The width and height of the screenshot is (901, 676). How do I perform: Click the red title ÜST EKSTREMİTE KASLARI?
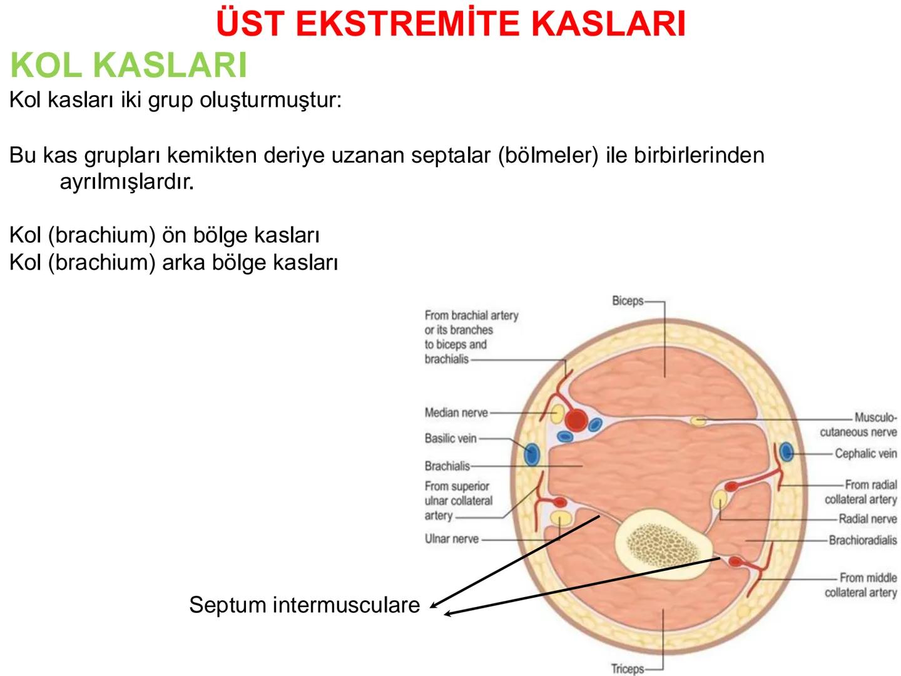point(450,24)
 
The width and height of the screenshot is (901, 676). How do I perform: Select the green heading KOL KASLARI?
point(128,65)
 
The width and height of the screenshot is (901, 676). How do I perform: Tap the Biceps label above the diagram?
point(628,300)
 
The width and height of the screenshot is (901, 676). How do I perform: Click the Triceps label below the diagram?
point(627,668)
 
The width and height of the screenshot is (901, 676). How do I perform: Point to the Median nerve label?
point(456,412)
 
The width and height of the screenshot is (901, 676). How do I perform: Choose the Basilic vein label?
point(450,438)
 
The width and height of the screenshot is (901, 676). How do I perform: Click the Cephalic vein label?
point(865,453)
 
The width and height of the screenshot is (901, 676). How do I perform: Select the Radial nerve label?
point(867,518)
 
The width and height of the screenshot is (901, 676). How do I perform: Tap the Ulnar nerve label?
point(451,538)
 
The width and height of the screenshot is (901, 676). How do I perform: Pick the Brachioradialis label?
point(862,540)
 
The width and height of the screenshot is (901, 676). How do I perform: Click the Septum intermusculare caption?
point(304,605)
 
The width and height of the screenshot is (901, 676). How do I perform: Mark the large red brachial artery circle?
point(576,420)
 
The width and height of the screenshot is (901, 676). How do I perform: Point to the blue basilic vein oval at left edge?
point(531,454)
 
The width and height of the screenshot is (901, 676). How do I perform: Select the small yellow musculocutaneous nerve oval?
point(698,421)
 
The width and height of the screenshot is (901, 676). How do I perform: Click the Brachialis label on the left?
point(447,466)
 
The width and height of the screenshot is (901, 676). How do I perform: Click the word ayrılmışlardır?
point(126,182)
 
